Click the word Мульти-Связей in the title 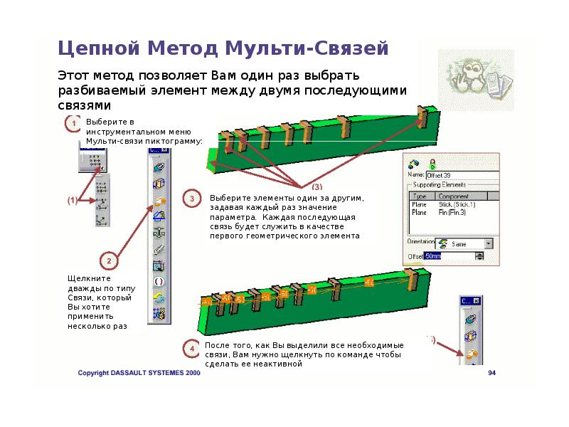[x=307, y=48]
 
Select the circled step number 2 [x=107, y=260]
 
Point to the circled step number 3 [x=193, y=200]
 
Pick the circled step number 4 [x=191, y=348]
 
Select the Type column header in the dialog [x=420, y=196]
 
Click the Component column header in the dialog [x=454, y=196]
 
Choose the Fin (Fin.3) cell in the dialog [x=452, y=212]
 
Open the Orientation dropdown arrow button [x=488, y=243]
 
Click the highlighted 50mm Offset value [x=433, y=256]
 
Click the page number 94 [x=491, y=373]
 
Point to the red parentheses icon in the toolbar [x=159, y=281]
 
